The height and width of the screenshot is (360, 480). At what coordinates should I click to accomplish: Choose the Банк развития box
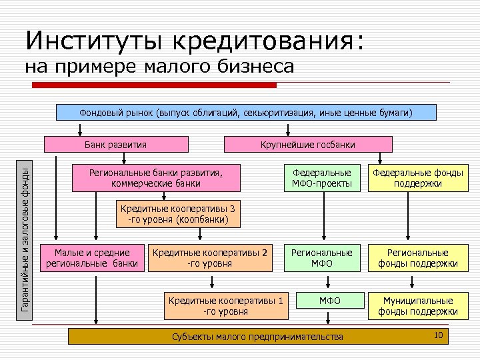(115, 145)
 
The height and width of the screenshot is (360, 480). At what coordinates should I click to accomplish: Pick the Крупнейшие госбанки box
(309, 145)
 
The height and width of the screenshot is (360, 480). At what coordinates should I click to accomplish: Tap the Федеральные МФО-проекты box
(322, 178)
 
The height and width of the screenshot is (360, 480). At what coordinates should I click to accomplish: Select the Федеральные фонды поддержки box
(417, 178)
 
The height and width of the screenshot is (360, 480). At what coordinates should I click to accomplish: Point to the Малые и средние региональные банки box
(92, 258)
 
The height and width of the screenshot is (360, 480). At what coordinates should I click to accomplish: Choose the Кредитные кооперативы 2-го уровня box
(210, 258)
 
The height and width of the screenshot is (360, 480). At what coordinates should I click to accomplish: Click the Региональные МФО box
(322, 258)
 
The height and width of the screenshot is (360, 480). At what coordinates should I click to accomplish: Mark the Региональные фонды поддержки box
(417, 258)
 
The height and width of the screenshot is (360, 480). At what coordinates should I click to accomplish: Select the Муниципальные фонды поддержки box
(417, 305)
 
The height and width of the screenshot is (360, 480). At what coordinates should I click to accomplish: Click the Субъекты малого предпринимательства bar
(257, 337)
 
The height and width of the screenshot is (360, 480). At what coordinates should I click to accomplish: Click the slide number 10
(438, 335)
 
